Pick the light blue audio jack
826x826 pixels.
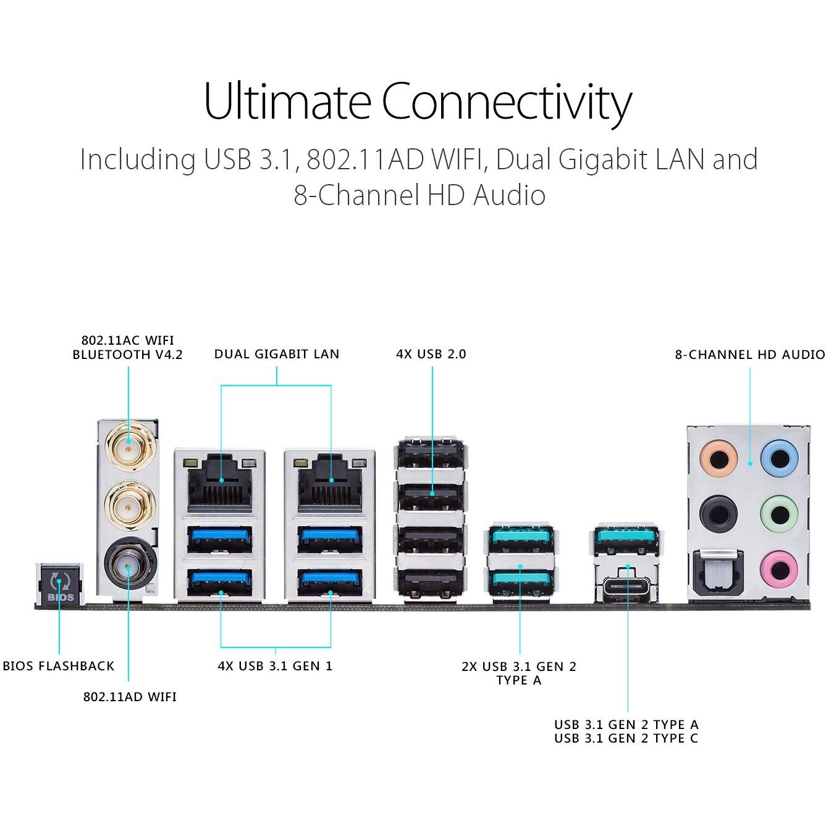pos(779,458)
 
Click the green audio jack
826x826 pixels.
pos(779,515)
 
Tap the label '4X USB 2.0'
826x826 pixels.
pos(431,354)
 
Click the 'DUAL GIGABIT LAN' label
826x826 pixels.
pos(277,354)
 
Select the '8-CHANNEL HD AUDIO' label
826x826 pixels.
pos(749,355)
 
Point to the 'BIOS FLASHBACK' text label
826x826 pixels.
pos(58,666)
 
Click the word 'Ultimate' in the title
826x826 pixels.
pos(287,101)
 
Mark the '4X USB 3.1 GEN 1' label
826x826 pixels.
pos(275,666)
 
